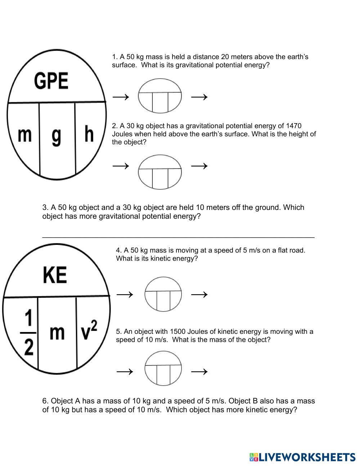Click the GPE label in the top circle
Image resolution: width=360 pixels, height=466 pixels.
click(51, 81)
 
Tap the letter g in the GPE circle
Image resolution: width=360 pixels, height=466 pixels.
click(57, 136)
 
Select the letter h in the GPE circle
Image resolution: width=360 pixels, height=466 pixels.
click(89, 134)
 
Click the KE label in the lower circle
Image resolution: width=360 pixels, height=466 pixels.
click(55, 275)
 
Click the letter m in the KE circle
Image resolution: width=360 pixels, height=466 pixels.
click(57, 332)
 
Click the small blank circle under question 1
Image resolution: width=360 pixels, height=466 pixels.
click(160, 97)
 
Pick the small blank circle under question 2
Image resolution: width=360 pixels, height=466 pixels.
click(160, 172)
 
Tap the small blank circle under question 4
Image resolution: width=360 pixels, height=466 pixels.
click(163, 294)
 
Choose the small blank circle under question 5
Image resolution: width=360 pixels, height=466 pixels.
click(163, 368)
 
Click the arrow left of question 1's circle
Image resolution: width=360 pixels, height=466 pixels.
click(121, 97)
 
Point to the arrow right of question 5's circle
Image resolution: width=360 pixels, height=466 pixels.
click(199, 371)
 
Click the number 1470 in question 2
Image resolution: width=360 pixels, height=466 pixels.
click(293, 126)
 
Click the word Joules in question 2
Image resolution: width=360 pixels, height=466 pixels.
click(122, 134)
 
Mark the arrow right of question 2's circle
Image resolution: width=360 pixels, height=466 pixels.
click(199, 166)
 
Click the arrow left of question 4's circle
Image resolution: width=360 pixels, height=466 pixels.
click(125, 295)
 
